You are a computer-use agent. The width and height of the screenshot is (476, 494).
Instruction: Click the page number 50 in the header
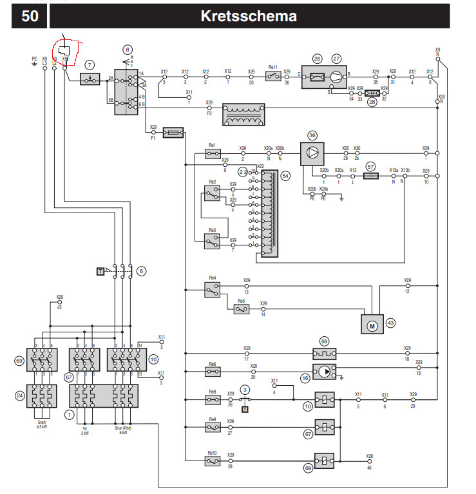point(30,16)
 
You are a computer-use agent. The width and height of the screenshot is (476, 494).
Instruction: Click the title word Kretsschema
point(249,16)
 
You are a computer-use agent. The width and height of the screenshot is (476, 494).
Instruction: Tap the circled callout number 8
point(128,50)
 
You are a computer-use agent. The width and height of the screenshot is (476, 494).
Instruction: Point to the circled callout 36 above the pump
point(312,136)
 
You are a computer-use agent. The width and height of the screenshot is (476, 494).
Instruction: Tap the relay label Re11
point(272,67)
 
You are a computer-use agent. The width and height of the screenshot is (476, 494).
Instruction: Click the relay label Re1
point(213,146)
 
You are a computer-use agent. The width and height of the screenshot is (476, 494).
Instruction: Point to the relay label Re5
point(241,301)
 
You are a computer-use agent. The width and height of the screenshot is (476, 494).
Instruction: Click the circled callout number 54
point(285,175)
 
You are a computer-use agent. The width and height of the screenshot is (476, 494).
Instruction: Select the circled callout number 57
point(370,166)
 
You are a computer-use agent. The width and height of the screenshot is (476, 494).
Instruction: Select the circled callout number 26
point(317,59)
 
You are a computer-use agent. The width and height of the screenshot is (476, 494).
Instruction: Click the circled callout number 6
point(141,271)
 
